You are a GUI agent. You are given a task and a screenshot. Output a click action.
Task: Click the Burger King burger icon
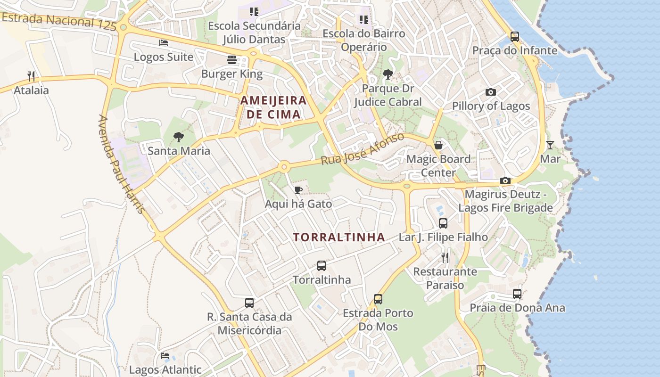[x=231, y=60]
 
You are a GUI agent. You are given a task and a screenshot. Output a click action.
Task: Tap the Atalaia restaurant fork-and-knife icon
[x=31, y=76]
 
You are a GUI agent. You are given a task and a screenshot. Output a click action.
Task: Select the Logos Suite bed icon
[x=164, y=43]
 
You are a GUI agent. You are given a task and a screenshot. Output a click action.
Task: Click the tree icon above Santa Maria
[x=178, y=137]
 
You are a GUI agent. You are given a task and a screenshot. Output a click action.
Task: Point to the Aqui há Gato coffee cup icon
[x=298, y=190]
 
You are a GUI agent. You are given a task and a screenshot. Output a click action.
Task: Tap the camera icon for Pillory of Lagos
[x=491, y=92]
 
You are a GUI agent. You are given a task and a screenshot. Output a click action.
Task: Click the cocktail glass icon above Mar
[x=550, y=145]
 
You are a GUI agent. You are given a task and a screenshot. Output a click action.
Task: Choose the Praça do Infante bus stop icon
[x=515, y=36]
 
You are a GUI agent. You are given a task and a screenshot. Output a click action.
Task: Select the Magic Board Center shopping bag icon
[x=438, y=145]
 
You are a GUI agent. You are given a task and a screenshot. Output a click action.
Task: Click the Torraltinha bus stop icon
[x=322, y=265]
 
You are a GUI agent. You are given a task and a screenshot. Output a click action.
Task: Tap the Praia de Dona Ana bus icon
[x=517, y=294]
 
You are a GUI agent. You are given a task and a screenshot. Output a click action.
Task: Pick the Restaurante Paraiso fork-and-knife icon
[x=445, y=257]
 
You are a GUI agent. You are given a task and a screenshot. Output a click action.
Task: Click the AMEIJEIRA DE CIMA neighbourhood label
[x=273, y=107]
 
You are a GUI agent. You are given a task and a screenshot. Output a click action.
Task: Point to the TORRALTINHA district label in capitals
[x=339, y=237]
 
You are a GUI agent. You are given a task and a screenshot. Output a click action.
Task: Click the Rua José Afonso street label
[x=363, y=149]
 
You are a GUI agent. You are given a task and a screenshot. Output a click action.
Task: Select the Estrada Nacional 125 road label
[x=59, y=22]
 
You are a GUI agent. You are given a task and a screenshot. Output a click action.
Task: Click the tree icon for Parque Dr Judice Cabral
[x=388, y=74]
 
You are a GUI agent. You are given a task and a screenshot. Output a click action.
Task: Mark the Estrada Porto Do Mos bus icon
[x=378, y=299]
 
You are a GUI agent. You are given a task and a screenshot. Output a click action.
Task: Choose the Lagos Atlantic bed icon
[x=165, y=356]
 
